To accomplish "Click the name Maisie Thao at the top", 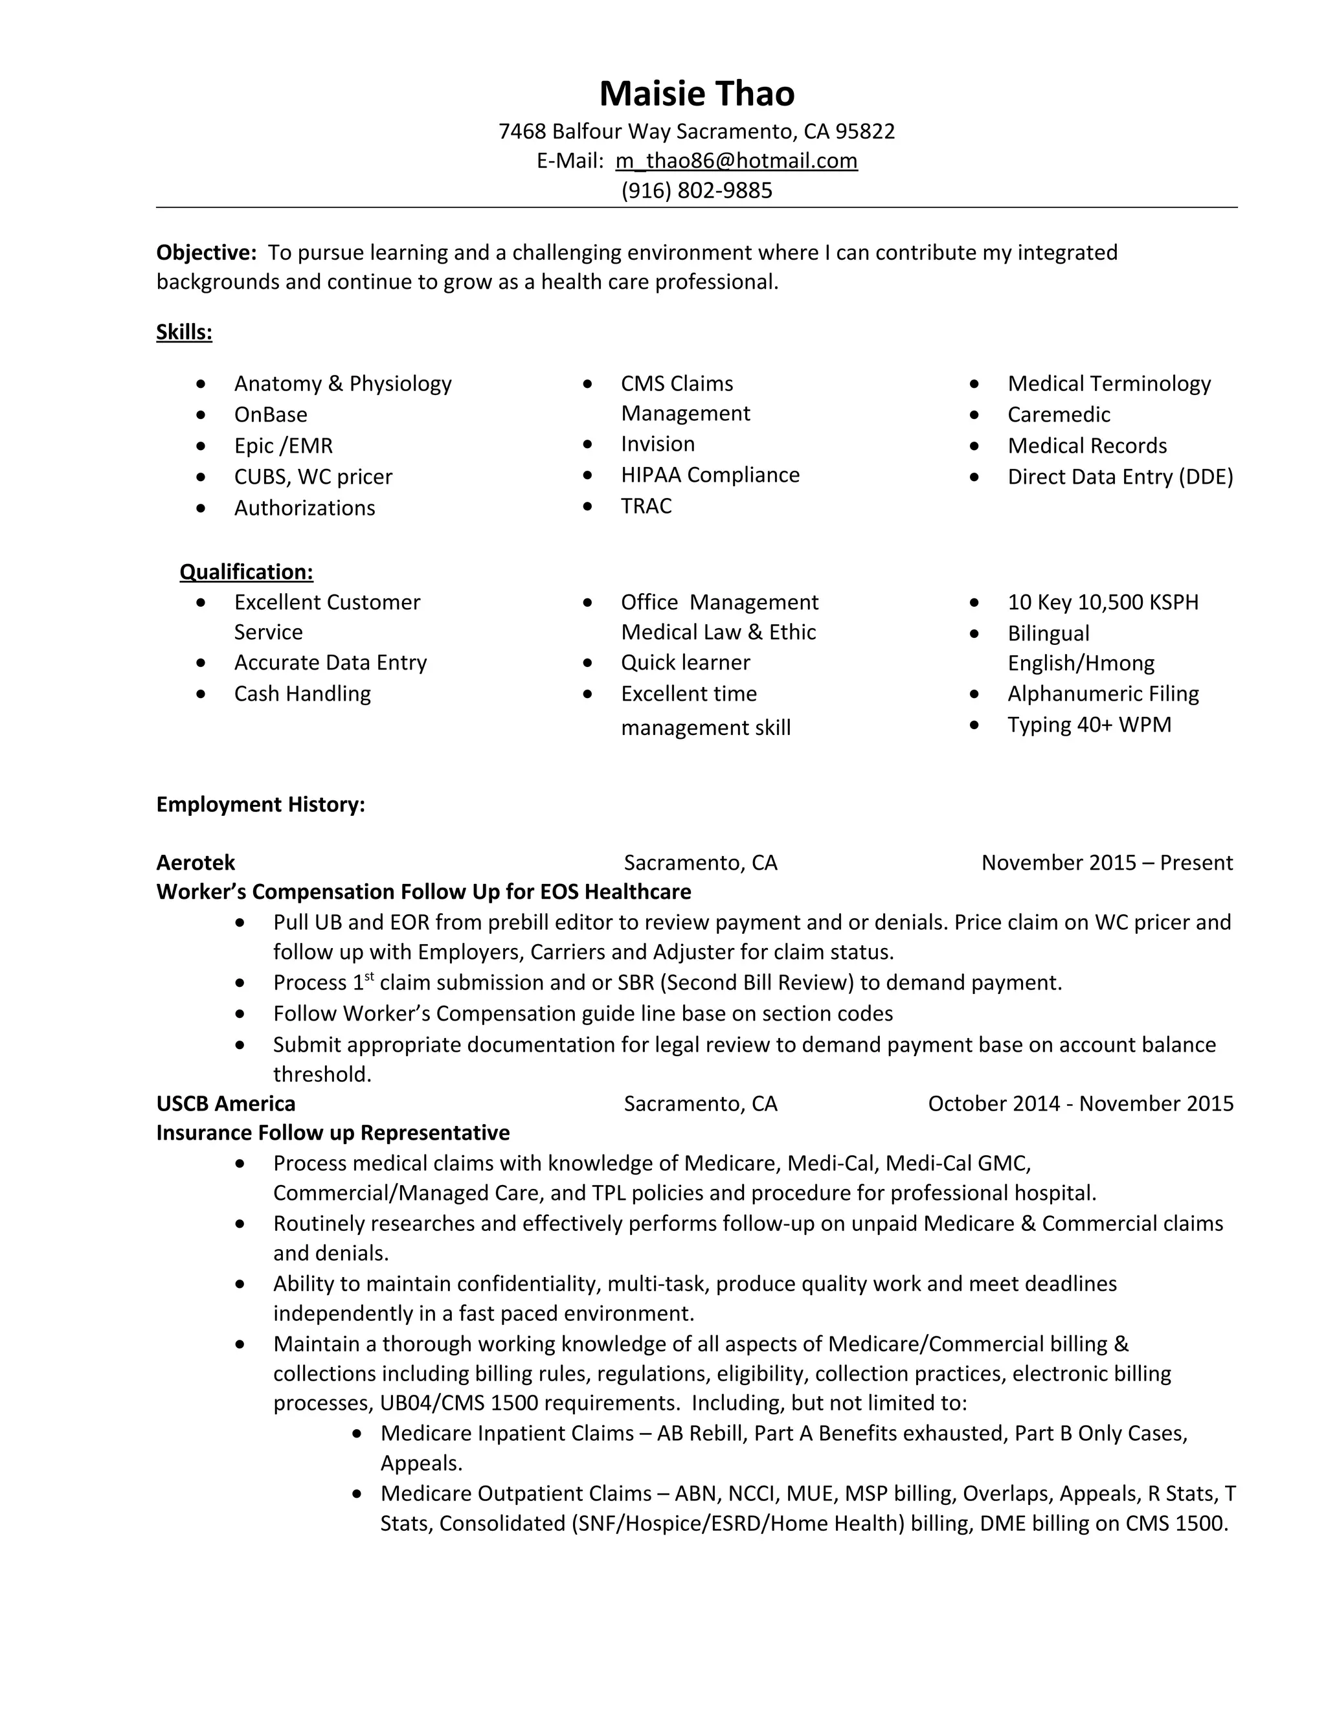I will tap(697, 93).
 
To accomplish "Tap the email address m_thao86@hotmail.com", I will tap(736, 161).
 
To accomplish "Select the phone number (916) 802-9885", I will tap(697, 190).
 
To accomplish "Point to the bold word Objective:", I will tap(207, 252).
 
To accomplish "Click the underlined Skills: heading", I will tap(184, 332).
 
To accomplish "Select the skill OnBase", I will tap(270, 414).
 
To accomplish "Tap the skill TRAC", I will tap(646, 506).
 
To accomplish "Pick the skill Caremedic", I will tap(1058, 414).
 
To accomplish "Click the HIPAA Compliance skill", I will tap(710, 475).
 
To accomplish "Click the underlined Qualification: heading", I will tap(246, 571).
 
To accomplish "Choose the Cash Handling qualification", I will tap(302, 694).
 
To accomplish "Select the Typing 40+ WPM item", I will tap(1089, 725).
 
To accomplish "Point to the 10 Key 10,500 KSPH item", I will tap(1103, 602).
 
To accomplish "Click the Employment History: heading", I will tap(260, 804).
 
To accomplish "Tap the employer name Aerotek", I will tap(196, 863).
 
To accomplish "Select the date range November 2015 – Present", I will tap(1106, 863).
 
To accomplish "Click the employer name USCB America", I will tap(225, 1103).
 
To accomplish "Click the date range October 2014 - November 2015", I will tap(1080, 1103).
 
